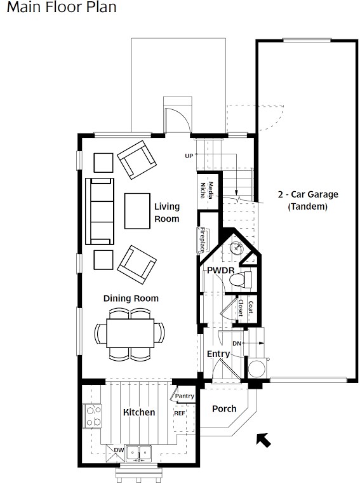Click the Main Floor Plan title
click(62, 7)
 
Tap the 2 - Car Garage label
click(308, 194)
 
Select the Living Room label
click(167, 212)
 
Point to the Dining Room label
click(131, 298)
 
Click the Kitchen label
click(139, 412)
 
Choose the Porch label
click(224, 408)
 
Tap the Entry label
click(218, 354)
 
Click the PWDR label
click(220, 271)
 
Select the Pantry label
click(185, 396)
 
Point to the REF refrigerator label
click(180, 413)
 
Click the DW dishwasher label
click(119, 450)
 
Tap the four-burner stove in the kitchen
click(92, 416)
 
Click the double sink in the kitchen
click(139, 454)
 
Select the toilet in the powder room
click(241, 279)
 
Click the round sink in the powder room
click(237, 248)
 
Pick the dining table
click(130, 333)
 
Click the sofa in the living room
click(100, 212)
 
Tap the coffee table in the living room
click(137, 211)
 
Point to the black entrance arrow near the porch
click(263, 440)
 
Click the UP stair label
click(189, 156)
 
